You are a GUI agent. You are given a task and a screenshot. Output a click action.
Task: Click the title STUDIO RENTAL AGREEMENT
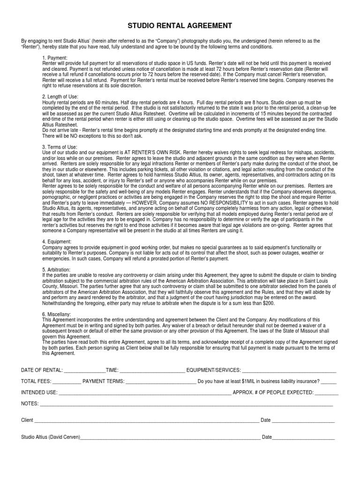180,25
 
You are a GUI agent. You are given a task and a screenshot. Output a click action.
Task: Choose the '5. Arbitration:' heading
56,270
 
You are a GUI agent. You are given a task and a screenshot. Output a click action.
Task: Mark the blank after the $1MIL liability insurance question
329,382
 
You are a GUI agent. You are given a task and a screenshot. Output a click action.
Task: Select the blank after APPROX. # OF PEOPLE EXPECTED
326,393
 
